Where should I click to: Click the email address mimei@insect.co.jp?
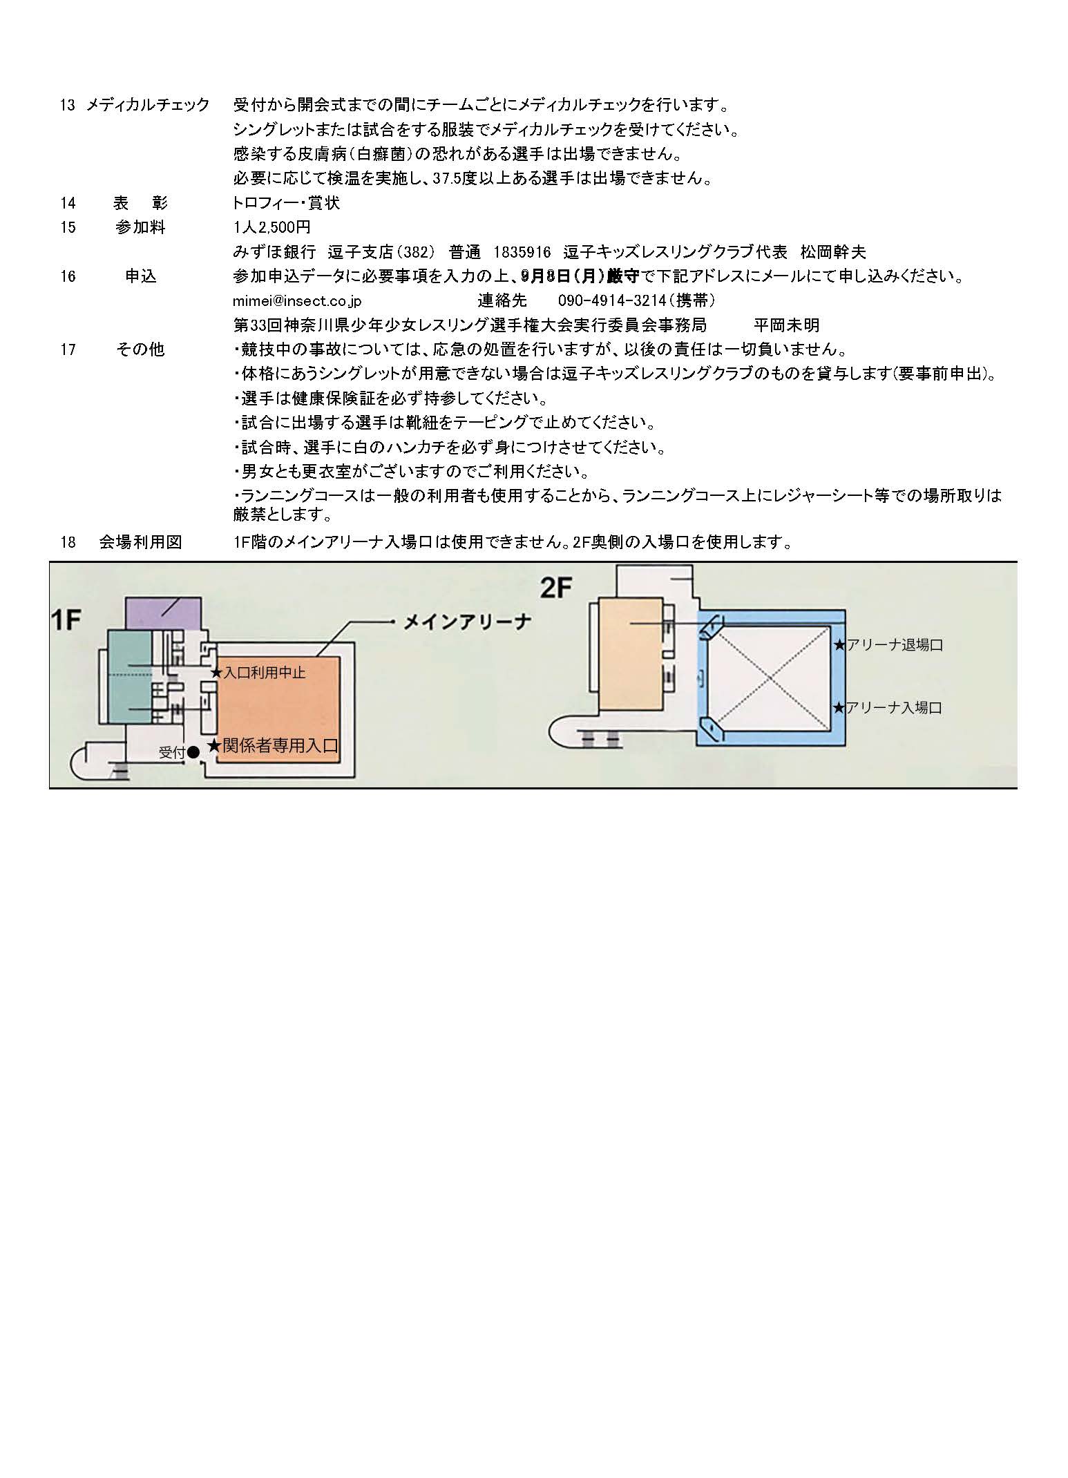click(x=298, y=301)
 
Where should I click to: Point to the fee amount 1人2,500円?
click(x=272, y=227)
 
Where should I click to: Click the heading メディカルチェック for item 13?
click(x=148, y=105)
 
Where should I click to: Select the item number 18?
click(x=68, y=542)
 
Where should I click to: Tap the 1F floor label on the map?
click(x=66, y=620)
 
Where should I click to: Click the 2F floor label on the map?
click(x=557, y=588)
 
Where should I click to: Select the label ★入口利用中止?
click(x=258, y=672)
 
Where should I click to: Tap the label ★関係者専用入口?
click(x=273, y=746)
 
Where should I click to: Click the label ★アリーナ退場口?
click(x=888, y=645)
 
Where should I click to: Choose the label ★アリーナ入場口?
click(x=888, y=707)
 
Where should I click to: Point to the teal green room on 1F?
click(x=131, y=677)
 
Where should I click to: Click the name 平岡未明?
click(x=787, y=325)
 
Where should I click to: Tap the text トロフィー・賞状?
click(x=287, y=203)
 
